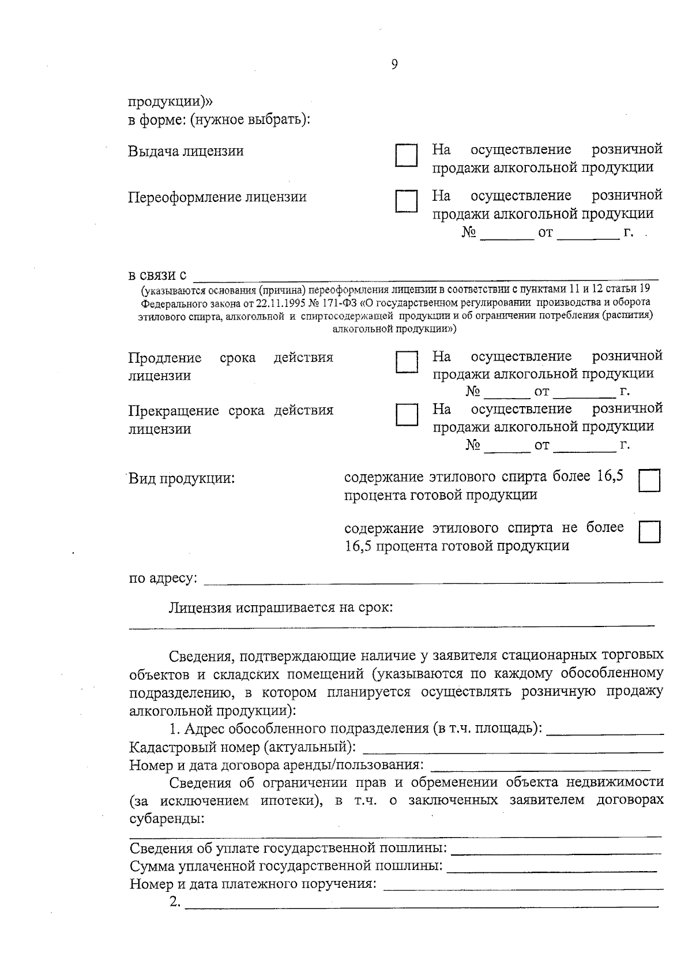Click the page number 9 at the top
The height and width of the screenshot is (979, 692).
pyautogui.click(x=394, y=65)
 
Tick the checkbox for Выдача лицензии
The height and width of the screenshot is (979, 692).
pyautogui.click(x=406, y=156)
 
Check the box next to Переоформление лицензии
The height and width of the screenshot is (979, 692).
pyautogui.click(x=406, y=202)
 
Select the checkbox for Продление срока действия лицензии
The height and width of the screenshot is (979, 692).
pyautogui.click(x=406, y=362)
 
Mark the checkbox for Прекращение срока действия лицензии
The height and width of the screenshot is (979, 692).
pyautogui.click(x=406, y=415)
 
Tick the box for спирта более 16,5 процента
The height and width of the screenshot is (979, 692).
pyautogui.click(x=649, y=481)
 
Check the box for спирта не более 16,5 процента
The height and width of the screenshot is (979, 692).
pyautogui.click(x=649, y=532)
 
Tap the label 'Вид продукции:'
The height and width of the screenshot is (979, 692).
pyautogui.click(x=182, y=479)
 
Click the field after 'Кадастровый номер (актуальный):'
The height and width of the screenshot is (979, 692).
pyautogui.click(x=512, y=749)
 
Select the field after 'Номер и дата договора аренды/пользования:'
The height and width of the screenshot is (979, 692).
pyautogui.click(x=540, y=767)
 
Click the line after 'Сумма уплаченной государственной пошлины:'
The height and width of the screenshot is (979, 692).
pyautogui.click(x=551, y=868)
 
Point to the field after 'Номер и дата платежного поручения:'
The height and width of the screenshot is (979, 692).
pyautogui.click(x=523, y=887)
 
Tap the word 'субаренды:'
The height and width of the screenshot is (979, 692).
pyautogui.click(x=167, y=820)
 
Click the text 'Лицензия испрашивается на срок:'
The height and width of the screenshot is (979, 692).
pyautogui.click(x=281, y=607)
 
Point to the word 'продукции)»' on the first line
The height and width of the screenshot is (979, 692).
pyautogui.click(x=170, y=102)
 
